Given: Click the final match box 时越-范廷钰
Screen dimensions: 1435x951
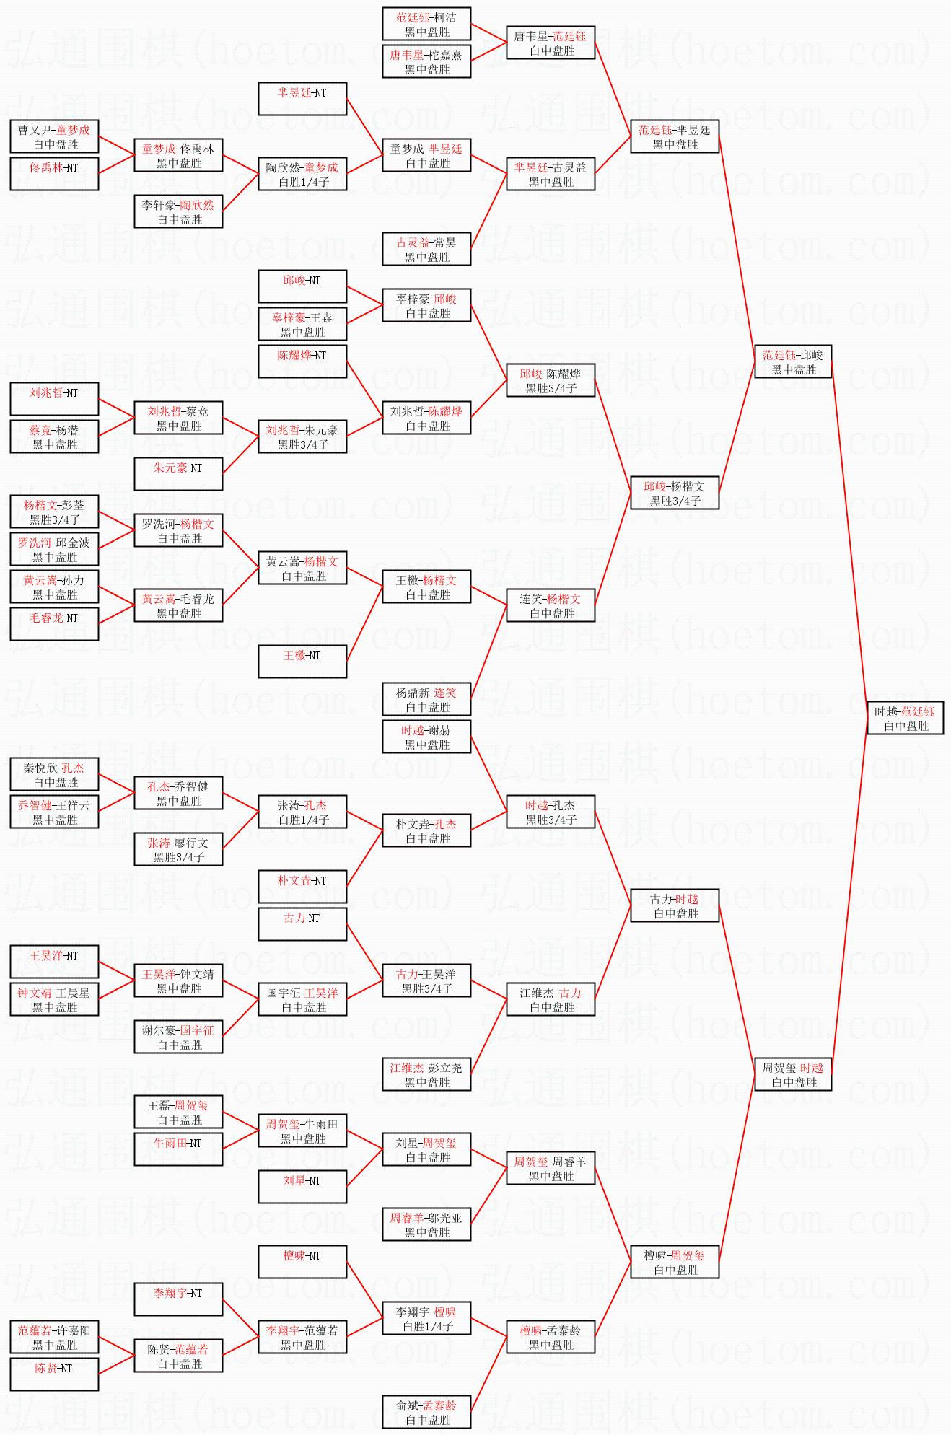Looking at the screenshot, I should (x=905, y=719).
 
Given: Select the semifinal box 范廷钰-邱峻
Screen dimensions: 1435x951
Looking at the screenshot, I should (x=793, y=362).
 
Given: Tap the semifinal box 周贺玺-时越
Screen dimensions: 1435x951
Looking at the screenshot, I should (x=793, y=1075).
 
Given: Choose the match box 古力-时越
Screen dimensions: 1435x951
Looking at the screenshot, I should (x=675, y=906).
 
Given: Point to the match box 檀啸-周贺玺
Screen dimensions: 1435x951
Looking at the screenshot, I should (x=675, y=1263).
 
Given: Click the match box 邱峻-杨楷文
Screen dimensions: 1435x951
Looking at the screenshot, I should (x=675, y=493).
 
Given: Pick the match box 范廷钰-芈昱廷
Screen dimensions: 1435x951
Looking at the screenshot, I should (x=675, y=137).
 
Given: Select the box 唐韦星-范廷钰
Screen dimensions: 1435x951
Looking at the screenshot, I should (x=551, y=43).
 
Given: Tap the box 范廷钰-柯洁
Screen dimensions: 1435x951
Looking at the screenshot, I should (x=426, y=25).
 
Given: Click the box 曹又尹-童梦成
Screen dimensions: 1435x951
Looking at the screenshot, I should (x=54, y=137).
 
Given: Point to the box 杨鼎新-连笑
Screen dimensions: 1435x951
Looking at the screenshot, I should (x=426, y=700).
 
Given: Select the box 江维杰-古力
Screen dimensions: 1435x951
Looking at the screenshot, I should (x=551, y=1000).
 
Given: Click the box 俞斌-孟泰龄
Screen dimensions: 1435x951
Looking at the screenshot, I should (x=426, y=1413).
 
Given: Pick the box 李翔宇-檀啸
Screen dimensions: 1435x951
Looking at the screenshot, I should (x=426, y=1319).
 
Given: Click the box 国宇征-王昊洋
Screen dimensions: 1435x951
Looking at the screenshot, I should (x=302, y=1000).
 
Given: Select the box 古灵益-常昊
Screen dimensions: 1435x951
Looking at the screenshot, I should (x=426, y=250).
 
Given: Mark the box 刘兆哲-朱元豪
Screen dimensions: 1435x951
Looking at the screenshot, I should (x=302, y=437).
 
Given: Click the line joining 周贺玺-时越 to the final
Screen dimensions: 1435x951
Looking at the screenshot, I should (x=850, y=895).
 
